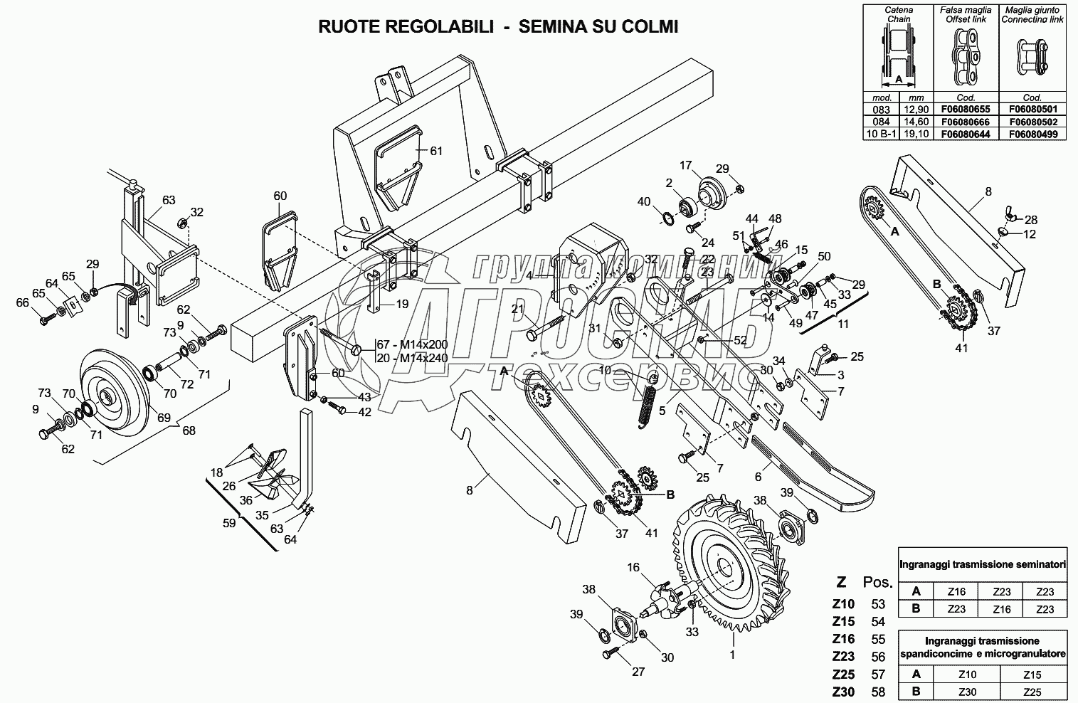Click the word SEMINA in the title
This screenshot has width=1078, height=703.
[x=551, y=27]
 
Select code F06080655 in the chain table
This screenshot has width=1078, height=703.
[x=966, y=109]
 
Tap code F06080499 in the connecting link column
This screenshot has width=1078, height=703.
[x=1032, y=133]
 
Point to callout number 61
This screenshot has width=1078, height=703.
[x=436, y=151]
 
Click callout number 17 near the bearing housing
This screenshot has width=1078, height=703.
[x=685, y=166]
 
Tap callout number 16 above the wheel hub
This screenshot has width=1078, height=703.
[x=633, y=567]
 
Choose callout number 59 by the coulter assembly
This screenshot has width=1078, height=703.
[x=228, y=523]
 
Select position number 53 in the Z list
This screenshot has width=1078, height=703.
[x=878, y=604]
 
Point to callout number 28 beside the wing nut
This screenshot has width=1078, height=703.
[x=1031, y=220]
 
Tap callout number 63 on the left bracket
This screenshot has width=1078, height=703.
[x=168, y=200]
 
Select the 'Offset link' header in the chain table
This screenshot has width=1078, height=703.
[x=966, y=19]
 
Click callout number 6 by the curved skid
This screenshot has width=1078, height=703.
[x=758, y=477]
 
